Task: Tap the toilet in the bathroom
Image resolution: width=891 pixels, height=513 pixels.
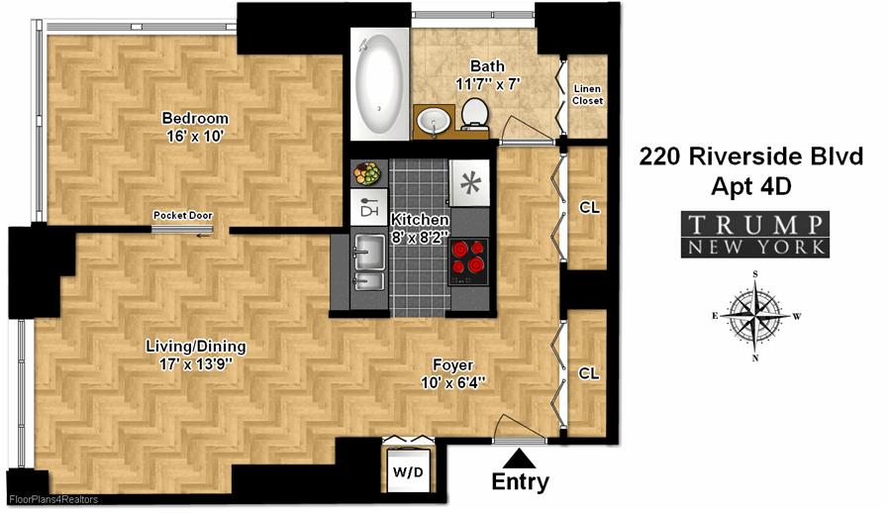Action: [475, 114]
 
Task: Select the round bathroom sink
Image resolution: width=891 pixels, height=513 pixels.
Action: [433, 121]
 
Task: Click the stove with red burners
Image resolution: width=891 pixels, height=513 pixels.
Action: [470, 260]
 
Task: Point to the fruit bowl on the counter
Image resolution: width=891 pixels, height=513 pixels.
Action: [367, 173]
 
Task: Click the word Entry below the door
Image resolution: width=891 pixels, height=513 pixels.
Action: [520, 482]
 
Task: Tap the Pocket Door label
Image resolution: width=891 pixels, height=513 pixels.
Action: [182, 216]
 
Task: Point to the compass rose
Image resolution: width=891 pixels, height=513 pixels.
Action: [755, 316]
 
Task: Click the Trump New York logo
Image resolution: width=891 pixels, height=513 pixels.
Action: [754, 235]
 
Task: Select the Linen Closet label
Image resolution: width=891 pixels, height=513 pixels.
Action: [588, 95]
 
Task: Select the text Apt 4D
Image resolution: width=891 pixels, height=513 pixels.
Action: [751, 184]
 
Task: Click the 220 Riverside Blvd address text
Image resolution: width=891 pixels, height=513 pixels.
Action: [751, 156]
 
